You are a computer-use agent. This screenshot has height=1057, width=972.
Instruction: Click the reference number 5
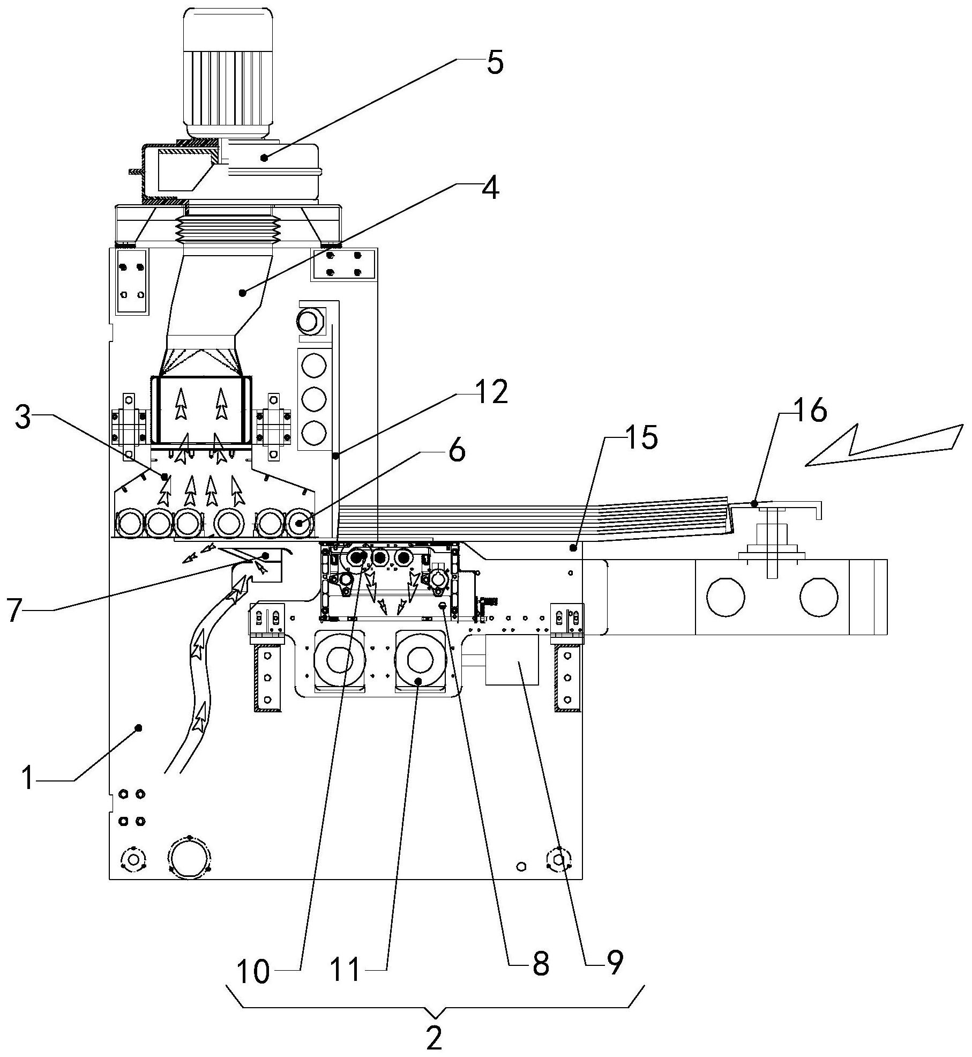495,63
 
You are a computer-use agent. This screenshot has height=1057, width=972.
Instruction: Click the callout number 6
456,451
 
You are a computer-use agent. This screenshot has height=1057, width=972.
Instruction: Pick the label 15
641,437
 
